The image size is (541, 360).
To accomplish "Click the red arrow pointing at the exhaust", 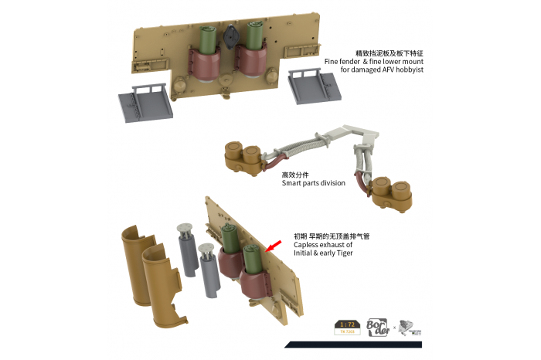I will (x=270, y=246).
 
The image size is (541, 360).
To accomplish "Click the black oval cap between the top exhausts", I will (x=230, y=36).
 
